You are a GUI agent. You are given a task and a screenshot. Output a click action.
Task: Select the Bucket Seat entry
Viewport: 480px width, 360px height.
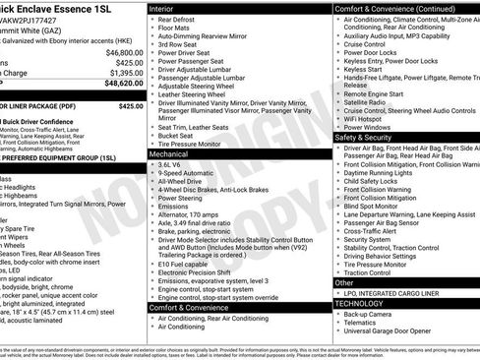178,135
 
